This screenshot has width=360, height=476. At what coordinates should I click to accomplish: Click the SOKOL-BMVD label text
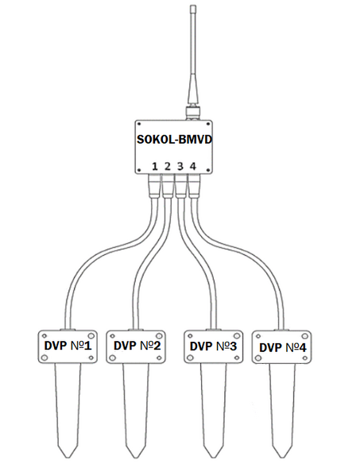174,140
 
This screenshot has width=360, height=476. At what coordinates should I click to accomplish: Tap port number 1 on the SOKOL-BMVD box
155,167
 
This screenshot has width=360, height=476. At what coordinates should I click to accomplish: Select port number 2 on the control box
168,167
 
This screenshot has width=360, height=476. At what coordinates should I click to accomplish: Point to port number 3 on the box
180,167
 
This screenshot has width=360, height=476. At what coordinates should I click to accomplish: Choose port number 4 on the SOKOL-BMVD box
193,167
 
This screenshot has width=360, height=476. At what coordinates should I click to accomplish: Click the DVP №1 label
68,346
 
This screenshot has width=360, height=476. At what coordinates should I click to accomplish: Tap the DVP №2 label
137,346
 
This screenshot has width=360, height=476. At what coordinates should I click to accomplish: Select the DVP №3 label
213,346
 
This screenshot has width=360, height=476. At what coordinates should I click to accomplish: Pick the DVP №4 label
283,348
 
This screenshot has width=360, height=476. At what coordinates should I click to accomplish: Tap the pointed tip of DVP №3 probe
214,457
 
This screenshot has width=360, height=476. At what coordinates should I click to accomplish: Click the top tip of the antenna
193,6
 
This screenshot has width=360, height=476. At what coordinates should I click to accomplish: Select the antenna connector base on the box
193,113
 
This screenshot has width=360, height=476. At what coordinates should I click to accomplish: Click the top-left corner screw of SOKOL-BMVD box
139,124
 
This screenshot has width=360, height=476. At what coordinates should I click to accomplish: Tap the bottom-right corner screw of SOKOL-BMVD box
208,170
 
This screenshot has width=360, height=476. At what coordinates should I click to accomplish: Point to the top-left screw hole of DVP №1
45,336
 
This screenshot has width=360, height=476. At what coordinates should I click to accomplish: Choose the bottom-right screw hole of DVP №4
304,358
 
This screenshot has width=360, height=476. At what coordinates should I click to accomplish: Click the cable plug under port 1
154,187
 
